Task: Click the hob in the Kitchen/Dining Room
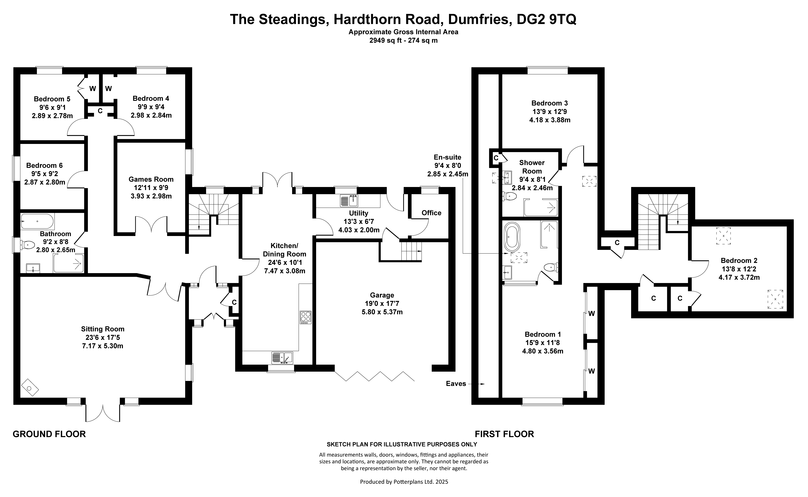point(305,317)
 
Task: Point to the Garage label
point(382,295)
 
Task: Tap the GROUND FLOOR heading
point(49,434)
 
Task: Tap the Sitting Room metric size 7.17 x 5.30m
point(103,346)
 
